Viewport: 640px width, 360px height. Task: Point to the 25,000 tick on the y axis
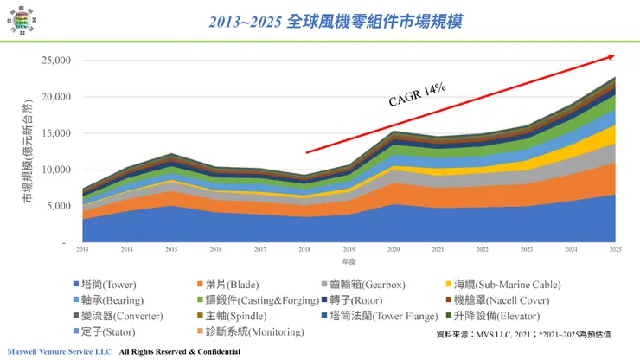click(x=54, y=61)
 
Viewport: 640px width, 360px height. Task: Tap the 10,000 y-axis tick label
click(x=54, y=170)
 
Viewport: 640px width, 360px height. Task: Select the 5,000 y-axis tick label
click(x=57, y=206)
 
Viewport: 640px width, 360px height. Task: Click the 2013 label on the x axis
click(x=82, y=249)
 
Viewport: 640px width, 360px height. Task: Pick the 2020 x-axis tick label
click(x=393, y=249)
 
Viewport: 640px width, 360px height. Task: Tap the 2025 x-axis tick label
click(x=615, y=249)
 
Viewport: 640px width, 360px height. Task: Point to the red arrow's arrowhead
click(x=611, y=56)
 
